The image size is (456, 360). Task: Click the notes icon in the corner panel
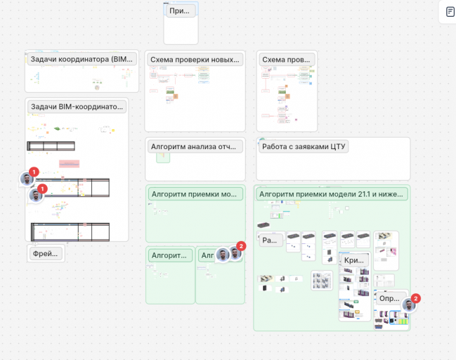click(x=450, y=12)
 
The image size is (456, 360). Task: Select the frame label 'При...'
click(x=181, y=11)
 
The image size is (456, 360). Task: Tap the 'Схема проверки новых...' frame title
click(x=195, y=60)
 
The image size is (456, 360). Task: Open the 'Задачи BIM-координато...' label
click(x=77, y=107)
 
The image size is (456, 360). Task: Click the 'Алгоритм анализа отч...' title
click(x=195, y=146)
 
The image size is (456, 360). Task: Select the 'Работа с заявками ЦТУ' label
click(x=304, y=146)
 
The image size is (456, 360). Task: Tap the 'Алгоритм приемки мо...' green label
click(x=195, y=194)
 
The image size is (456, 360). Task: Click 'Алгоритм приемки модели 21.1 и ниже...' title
click(x=331, y=194)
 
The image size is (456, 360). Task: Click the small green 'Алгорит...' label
click(x=170, y=255)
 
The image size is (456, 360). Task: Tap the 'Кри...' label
click(x=353, y=260)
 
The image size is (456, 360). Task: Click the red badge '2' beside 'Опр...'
click(x=415, y=298)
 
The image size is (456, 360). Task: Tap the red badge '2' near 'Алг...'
click(x=241, y=246)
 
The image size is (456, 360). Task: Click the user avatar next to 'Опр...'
click(x=408, y=305)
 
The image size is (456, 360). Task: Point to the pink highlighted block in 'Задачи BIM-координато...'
click(x=69, y=163)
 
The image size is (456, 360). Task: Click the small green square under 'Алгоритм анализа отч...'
click(x=163, y=157)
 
